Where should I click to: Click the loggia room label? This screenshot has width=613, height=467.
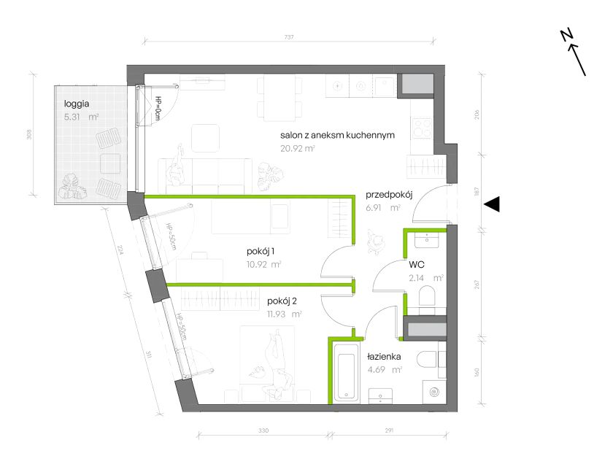(x=77, y=104)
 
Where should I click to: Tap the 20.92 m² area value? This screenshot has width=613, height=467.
(x=298, y=149)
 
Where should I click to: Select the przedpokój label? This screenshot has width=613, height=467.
(x=389, y=195)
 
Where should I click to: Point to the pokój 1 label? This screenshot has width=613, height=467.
(x=263, y=251)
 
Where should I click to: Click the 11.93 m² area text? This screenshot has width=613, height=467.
(x=284, y=314)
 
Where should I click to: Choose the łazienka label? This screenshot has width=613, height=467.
(x=384, y=357)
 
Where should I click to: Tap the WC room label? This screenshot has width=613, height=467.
(x=417, y=265)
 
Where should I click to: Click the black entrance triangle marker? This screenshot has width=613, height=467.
(x=492, y=204)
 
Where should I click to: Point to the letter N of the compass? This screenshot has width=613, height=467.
(x=566, y=35)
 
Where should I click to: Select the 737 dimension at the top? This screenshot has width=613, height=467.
(x=288, y=37)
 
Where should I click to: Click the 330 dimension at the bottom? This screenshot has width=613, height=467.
(x=263, y=431)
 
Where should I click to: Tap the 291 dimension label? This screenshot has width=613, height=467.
(x=389, y=431)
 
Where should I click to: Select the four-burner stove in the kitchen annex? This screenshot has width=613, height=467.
(x=422, y=128)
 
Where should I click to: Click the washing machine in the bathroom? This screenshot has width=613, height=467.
(x=434, y=392)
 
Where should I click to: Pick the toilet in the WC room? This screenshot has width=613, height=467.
(x=426, y=296)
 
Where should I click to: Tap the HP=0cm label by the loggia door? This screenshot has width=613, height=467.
(x=158, y=108)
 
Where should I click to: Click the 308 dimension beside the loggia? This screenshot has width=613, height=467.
(x=29, y=134)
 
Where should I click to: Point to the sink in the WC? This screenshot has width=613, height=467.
(x=427, y=239)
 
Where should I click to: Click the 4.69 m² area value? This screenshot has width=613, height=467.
(x=385, y=370)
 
